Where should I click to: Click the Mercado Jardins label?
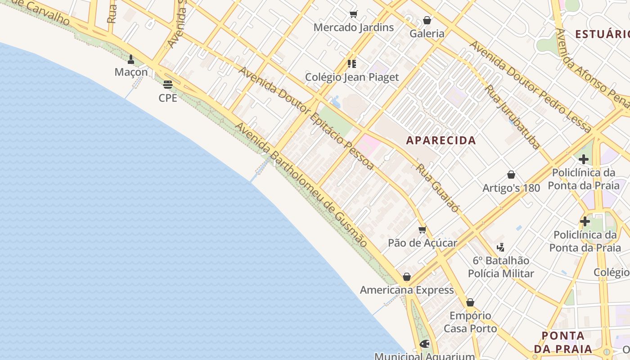pos(353,27)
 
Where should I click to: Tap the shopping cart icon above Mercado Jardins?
pos(353,14)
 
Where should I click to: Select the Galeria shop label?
pos(427,34)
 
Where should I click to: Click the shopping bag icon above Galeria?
pos(427,20)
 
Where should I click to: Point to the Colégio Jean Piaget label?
pos(352,77)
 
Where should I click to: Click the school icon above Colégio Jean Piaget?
pos(352,64)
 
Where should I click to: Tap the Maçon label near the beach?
pos(131,72)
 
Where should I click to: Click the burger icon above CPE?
pos(168,84)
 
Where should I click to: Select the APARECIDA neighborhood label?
pos(441,140)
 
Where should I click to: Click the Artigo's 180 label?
pos(511,188)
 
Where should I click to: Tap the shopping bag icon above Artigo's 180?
pos(511,175)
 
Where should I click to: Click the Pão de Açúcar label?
pos(423,243)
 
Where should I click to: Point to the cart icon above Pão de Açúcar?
pos(422,230)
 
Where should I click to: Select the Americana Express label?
pos(407,290)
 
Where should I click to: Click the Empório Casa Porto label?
pos(470,322)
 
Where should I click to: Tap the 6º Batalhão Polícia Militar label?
pos(501,267)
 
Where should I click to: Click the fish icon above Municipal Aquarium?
pos(424,344)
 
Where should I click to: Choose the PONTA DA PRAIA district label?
pos(563,342)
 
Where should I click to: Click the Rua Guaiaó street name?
pos(438,188)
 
